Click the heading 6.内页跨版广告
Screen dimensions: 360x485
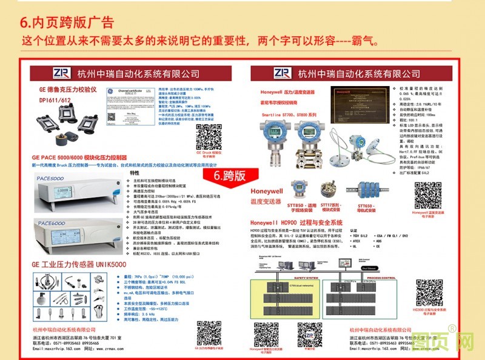tap(67, 22)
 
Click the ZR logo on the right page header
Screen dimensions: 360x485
tap(283, 73)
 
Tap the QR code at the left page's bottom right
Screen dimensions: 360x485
tap(209, 333)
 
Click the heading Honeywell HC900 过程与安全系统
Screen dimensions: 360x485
tap(296, 222)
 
